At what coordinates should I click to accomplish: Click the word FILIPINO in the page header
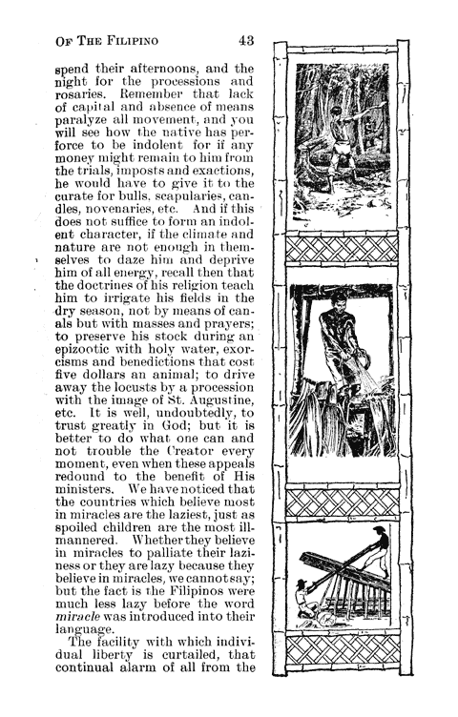click(135, 39)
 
